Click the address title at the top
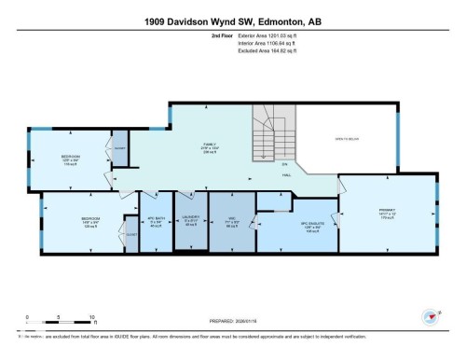[x=232, y=21]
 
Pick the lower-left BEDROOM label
[x=90, y=220]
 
